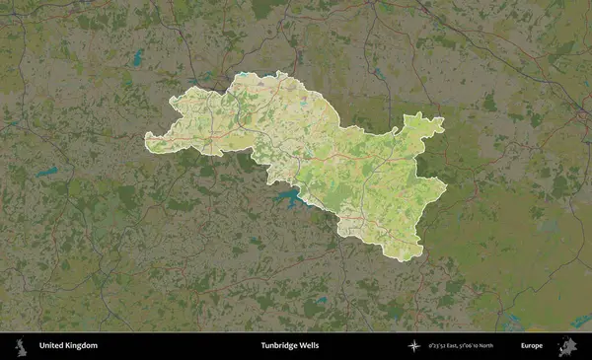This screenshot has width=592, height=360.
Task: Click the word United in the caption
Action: click(52, 346)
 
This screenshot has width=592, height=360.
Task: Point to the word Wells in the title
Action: click(309, 346)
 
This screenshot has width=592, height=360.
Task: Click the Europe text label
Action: click(532, 346)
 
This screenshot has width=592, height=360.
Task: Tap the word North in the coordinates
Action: click(509, 346)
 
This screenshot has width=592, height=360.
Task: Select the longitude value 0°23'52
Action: click(440, 346)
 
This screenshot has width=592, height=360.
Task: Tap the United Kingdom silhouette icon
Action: click(21, 345)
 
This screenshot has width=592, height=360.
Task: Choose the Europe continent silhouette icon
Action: click(567, 345)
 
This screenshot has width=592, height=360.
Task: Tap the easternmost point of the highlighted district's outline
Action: click(446, 184)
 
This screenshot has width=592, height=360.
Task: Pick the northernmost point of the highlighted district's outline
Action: click(282, 72)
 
